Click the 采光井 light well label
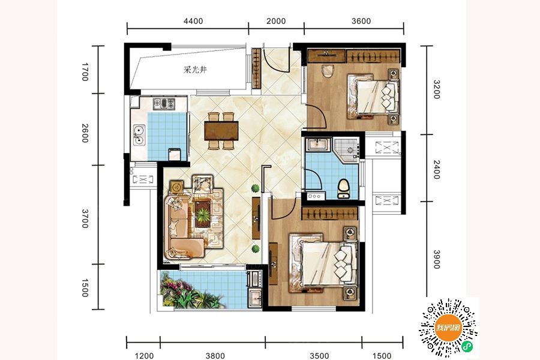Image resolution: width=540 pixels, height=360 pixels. coord(195,70)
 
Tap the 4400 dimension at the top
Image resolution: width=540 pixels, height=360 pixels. coord(193,21)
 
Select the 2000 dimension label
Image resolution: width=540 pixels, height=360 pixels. coord(276,21)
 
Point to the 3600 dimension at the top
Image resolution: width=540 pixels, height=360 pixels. coord(361,21)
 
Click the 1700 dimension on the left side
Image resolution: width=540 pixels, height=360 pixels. coord(85,72)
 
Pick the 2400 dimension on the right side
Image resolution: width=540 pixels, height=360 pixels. coord(436,169)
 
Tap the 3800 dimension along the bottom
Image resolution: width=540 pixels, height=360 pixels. coord(215,356)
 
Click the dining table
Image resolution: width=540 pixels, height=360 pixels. coord(221,131)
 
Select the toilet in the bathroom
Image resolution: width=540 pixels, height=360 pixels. coord(343,188)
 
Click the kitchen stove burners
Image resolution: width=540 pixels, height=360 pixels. coord(164,103)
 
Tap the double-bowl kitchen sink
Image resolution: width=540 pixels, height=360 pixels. coord(139,134)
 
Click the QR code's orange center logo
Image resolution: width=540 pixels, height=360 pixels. coord(448,328)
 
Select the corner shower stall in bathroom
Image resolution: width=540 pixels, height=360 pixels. coord(346,149)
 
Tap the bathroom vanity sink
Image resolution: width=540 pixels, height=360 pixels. coord(319,144)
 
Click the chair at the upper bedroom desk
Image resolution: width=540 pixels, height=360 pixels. coord(328,71)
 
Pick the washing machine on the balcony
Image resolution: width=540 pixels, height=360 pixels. coord(254,278)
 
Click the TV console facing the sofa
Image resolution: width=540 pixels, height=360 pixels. coord(256,218)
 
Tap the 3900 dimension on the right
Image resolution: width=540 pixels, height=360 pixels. coord(436,259)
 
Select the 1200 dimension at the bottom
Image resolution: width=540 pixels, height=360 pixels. coord(144,356)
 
